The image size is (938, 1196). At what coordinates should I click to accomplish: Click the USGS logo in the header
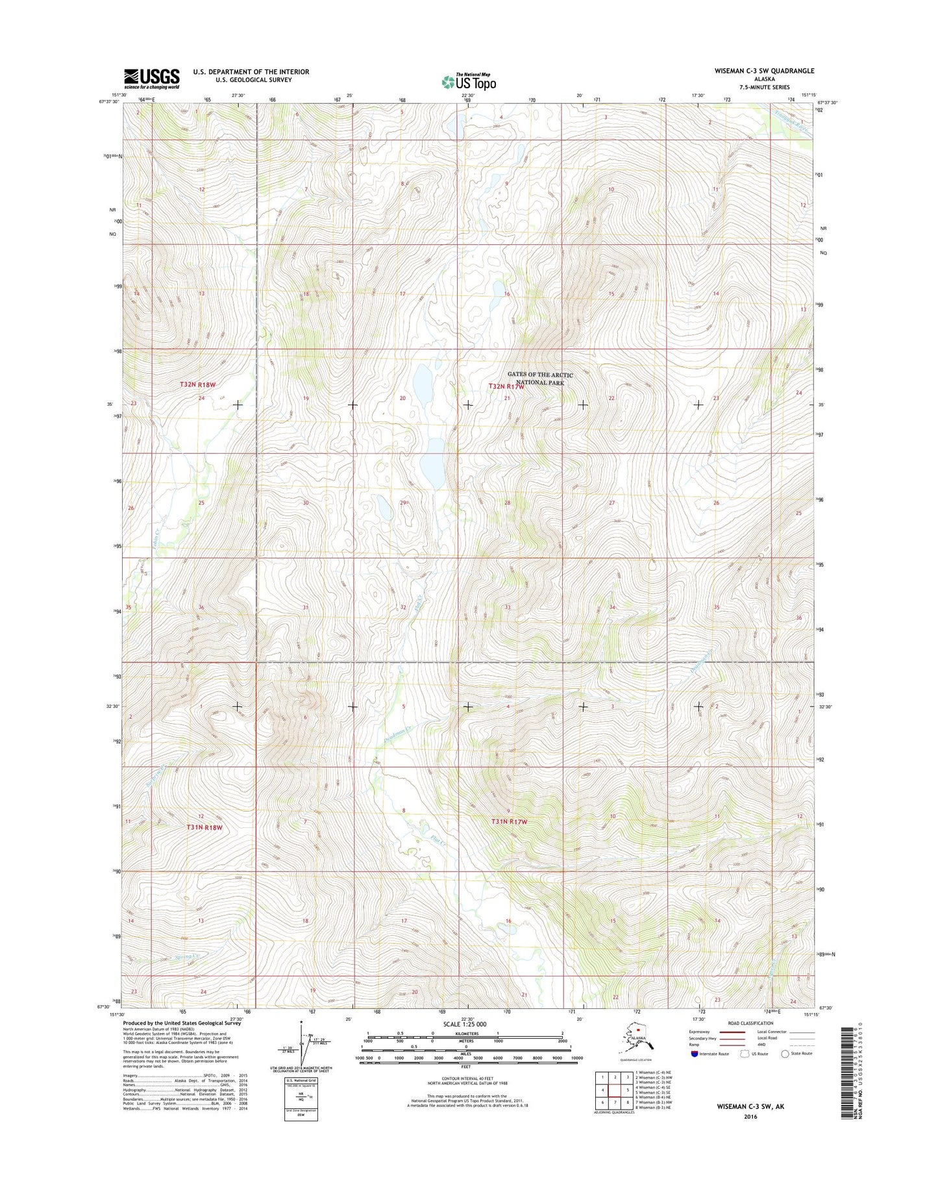click(x=151, y=79)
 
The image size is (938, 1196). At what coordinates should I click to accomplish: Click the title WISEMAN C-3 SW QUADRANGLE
click(x=764, y=71)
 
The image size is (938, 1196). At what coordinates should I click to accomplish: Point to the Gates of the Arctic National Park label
click(x=540, y=379)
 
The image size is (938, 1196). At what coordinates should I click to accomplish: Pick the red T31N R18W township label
click(x=204, y=827)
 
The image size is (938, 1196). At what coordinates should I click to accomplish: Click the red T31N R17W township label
click(x=509, y=821)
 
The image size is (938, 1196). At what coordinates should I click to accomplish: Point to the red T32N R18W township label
click(x=198, y=385)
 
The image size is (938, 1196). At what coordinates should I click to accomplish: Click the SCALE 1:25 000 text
click(x=464, y=1024)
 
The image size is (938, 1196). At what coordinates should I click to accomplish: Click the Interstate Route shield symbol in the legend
click(x=695, y=1053)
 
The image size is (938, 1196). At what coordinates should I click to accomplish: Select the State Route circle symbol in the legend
click(x=785, y=1053)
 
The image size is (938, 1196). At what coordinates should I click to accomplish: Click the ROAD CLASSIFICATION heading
click(x=751, y=1023)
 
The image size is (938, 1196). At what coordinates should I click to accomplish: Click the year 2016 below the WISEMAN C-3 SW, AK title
click(x=750, y=1117)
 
